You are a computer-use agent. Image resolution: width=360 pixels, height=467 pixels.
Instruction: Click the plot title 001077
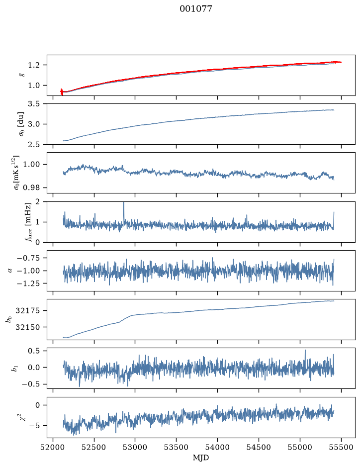195,8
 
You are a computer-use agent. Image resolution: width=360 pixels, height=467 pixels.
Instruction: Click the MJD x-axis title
201,458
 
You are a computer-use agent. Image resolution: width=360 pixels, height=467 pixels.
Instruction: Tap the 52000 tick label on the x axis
53,447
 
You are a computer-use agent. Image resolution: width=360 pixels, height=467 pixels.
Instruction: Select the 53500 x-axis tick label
177,447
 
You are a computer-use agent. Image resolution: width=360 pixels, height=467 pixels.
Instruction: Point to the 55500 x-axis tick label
341,447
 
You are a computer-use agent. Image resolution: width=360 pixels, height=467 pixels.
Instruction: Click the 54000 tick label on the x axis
218,447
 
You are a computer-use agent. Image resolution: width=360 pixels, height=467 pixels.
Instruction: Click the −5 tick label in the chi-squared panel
36,426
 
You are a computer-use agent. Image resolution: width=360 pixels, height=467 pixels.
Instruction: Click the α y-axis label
10,271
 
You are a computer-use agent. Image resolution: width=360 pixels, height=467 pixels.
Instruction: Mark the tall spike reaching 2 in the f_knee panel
124,211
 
